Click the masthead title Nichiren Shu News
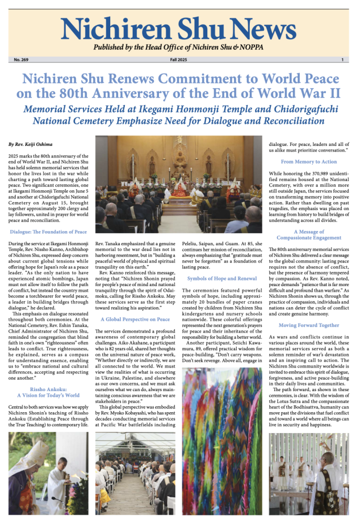(x=180, y=28)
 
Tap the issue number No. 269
(x=22, y=60)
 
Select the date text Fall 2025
(x=179, y=60)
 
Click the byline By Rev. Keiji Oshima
(x=30, y=144)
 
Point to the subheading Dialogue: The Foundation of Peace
(x=48, y=232)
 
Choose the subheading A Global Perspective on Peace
(x=135, y=319)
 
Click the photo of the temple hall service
(x=179, y=184)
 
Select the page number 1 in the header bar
(x=342, y=60)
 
